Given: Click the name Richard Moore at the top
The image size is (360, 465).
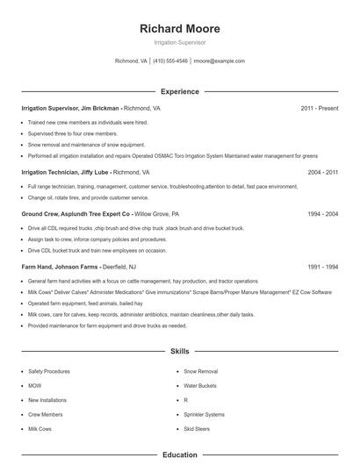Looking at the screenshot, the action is [180, 28].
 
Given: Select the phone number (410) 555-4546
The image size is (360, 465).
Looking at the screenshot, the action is [170, 61].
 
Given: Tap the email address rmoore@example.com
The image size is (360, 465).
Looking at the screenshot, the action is [219, 61].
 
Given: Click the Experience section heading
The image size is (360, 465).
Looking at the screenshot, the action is [180, 91].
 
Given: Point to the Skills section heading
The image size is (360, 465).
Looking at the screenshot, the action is [180, 351].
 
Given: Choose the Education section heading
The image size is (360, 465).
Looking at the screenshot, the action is [180, 454].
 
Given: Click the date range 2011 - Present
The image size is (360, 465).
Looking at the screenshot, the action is [320, 108].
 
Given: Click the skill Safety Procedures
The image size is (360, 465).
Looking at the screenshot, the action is [50, 371].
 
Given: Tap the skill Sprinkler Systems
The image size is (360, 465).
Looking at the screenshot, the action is [204, 414].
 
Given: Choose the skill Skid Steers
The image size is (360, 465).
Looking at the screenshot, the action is [197, 429].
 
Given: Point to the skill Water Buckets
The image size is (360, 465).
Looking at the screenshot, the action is [200, 386].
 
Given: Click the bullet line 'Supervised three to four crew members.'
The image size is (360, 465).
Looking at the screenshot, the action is [67, 133].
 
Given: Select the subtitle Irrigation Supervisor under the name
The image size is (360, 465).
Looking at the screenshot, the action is [180, 42].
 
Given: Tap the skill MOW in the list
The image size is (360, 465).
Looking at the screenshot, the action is [35, 386].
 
